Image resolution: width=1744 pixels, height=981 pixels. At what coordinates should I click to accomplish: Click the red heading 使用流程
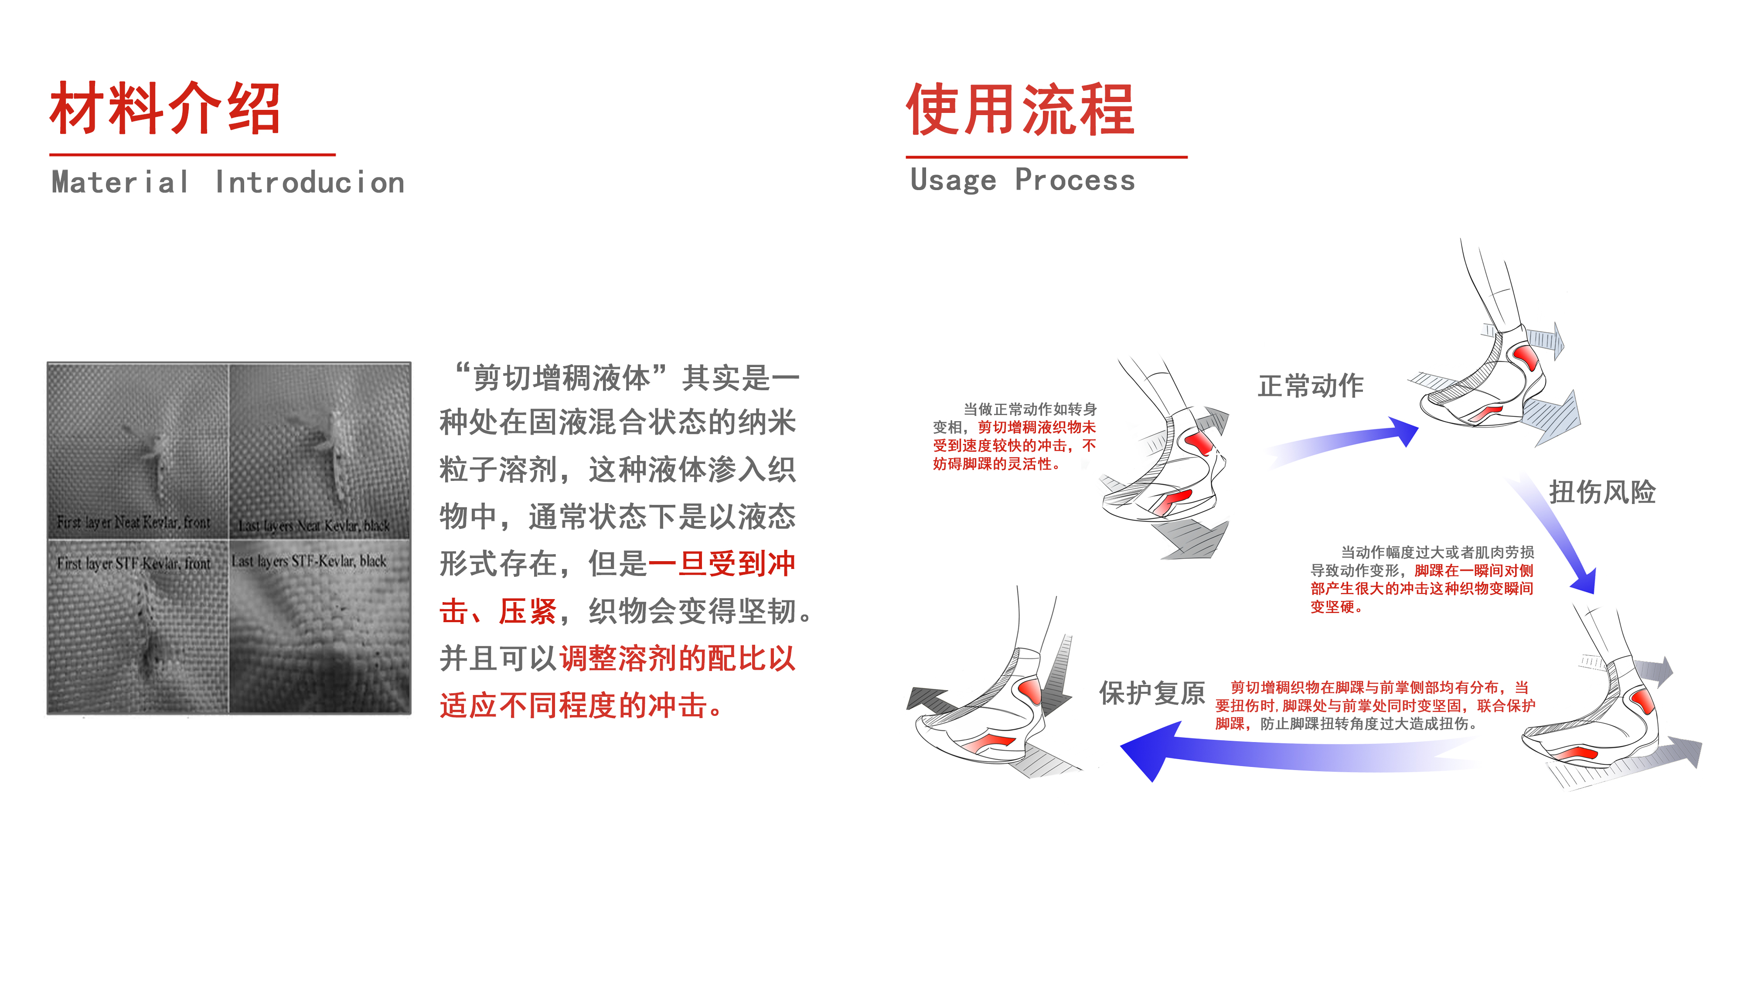(x=1020, y=110)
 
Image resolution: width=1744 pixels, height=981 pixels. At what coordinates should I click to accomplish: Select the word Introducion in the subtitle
(x=310, y=183)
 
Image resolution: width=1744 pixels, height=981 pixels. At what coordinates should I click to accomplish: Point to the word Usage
(x=953, y=180)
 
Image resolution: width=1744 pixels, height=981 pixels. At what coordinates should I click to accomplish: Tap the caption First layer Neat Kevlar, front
(x=133, y=522)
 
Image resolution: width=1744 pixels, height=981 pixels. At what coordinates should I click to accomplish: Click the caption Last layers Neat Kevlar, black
(x=313, y=525)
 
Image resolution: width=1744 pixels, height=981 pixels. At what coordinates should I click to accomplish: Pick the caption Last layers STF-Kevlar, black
(x=309, y=561)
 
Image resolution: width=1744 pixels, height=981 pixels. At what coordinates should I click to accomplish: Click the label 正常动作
(x=1310, y=386)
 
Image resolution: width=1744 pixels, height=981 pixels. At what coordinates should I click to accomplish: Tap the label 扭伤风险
(x=1602, y=492)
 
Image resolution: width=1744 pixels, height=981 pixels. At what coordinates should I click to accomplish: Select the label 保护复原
(x=1151, y=693)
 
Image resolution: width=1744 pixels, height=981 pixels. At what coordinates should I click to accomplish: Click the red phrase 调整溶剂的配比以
(x=677, y=659)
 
